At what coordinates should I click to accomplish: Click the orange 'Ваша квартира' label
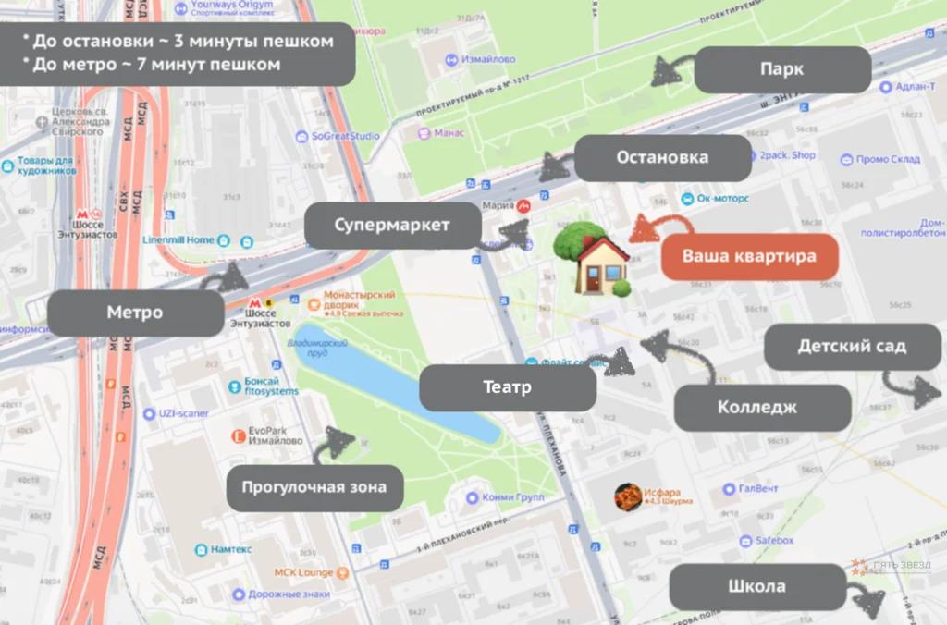[749, 256]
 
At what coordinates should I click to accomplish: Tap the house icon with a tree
[595, 260]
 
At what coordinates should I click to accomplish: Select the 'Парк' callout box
[781, 70]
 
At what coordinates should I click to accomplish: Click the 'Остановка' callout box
[662, 157]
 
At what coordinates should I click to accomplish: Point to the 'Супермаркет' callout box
[392, 226]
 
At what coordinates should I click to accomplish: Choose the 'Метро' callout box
[135, 312]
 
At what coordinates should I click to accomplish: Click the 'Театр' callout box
[507, 387]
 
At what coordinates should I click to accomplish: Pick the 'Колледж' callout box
[761, 408]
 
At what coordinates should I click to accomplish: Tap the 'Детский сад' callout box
[852, 348]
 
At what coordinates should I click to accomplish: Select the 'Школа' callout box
[756, 586]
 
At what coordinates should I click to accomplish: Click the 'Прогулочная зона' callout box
[314, 488]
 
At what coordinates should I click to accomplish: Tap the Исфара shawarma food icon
[629, 497]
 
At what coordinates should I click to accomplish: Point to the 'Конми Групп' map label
[512, 497]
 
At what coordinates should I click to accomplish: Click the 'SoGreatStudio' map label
[344, 137]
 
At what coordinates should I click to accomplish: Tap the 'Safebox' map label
[774, 540]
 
